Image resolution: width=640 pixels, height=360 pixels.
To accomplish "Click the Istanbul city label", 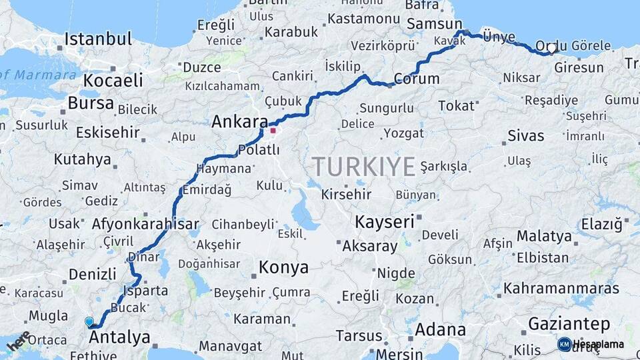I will (x=99, y=39).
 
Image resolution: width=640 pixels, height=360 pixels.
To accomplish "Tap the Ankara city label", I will (x=239, y=122).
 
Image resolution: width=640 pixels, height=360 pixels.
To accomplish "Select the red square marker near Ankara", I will (x=273, y=131).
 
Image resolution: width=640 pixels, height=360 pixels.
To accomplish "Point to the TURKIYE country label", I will (x=364, y=166).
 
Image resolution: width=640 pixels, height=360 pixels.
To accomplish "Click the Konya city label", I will (x=283, y=268).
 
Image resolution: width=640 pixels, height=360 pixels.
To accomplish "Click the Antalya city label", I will (x=119, y=337).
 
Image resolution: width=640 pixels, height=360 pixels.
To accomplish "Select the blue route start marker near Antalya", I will (x=89, y=322).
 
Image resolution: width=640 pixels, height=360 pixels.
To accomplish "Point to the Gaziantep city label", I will (x=569, y=325).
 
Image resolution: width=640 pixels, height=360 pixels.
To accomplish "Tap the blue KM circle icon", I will (x=564, y=345).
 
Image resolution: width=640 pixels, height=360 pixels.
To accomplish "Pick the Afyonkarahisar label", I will (x=146, y=223).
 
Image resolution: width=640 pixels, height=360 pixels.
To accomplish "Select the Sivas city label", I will (x=525, y=136).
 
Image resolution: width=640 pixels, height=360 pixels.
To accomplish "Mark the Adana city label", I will (x=440, y=329).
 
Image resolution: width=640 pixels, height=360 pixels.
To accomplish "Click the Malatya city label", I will (x=544, y=236).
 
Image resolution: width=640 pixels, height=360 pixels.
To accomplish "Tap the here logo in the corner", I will (x=18, y=341).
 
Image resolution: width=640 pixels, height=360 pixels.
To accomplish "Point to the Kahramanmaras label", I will (x=561, y=289).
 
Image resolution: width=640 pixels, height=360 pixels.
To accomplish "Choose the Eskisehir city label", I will (x=107, y=132).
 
